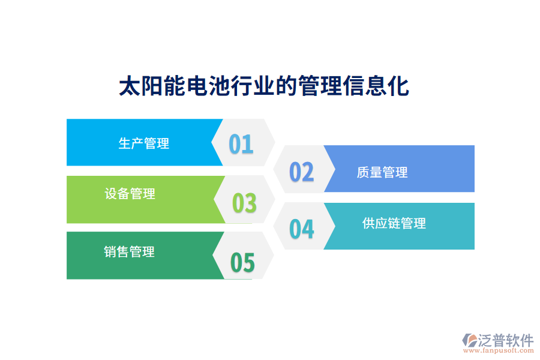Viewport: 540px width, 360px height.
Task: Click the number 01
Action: click(241, 144)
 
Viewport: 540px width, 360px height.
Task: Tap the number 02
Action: click(302, 172)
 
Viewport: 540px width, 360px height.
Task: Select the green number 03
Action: click(244, 203)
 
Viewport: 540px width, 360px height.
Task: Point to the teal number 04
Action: click(302, 229)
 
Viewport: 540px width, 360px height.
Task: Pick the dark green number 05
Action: click(243, 263)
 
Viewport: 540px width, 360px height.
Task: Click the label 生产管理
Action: click(144, 143)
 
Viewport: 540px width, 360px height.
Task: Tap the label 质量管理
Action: click(382, 173)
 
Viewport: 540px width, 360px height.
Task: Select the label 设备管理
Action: click(130, 194)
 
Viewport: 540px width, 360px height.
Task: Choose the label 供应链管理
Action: click(394, 223)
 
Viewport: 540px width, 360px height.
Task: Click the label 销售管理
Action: click(129, 251)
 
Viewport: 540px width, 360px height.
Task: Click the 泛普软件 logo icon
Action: click(469, 340)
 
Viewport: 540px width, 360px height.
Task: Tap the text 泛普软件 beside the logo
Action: click(505, 340)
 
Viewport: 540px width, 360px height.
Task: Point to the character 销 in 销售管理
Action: click(110, 251)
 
